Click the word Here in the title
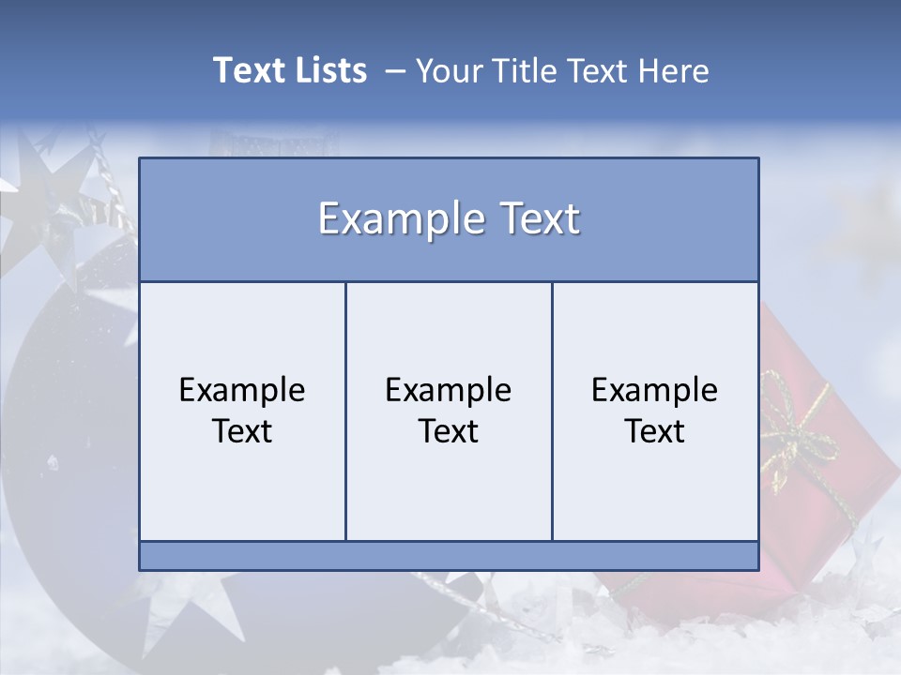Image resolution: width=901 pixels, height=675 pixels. tap(674, 70)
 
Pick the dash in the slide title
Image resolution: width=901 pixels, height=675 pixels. tap(395, 72)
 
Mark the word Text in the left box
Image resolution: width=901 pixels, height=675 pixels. tap(242, 431)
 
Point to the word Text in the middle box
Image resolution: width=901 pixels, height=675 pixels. tap(449, 431)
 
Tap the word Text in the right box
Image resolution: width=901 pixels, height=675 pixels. tap(655, 431)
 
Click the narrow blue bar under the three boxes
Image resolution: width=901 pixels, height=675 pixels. tap(449, 556)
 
